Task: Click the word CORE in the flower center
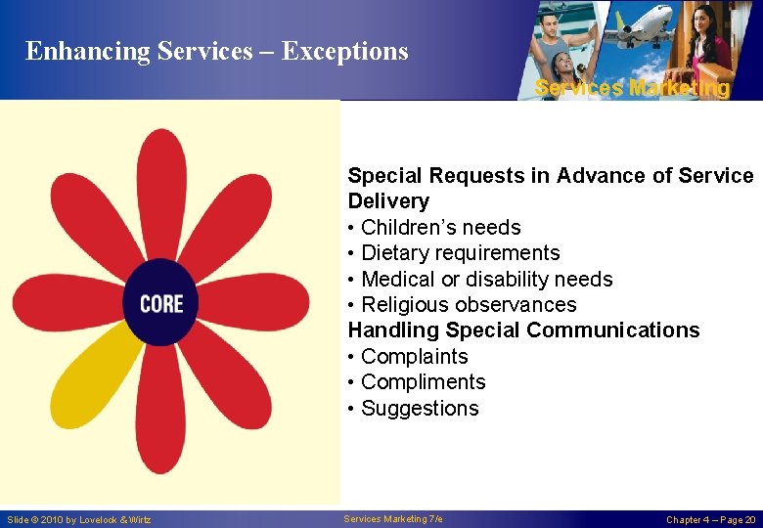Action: [x=161, y=303]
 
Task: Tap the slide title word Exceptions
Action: [x=344, y=51]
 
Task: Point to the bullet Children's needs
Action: [x=440, y=227]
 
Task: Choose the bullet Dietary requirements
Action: [x=460, y=253]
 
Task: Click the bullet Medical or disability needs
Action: [x=486, y=280]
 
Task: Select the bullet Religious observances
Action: [x=469, y=305]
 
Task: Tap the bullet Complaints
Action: [x=414, y=357]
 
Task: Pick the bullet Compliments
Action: [x=423, y=382]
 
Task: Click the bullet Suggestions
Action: [x=420, y=409]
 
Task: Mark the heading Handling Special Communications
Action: [x=523, y=330]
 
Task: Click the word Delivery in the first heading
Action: [x=388, y=201]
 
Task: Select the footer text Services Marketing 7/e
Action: [x=393, y=518]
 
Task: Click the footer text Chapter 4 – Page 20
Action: [x=710, y=519]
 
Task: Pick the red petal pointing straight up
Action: [x=161, y=191]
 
